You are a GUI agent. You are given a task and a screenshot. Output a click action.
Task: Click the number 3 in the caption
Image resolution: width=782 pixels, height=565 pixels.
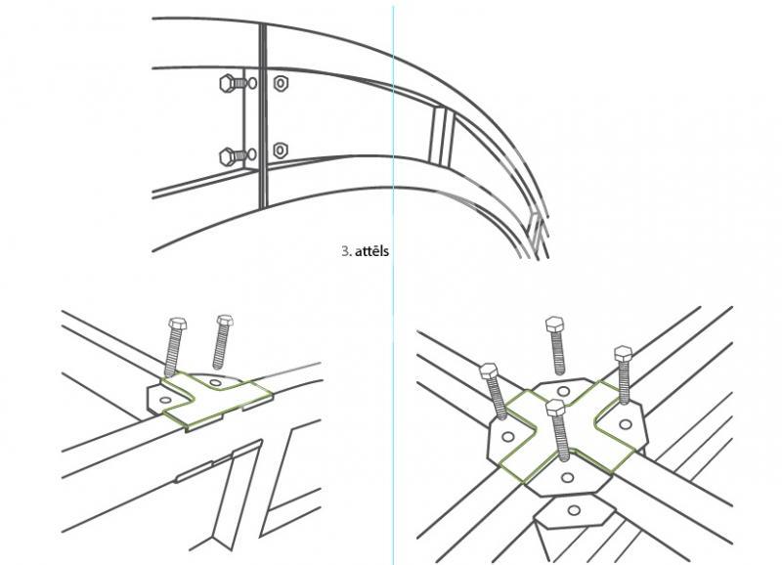tap(345, 250)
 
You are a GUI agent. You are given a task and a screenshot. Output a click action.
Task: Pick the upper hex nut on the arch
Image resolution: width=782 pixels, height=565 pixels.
tap(281, 83)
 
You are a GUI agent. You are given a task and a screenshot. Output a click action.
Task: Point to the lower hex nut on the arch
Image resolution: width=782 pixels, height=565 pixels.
tap(281, 150)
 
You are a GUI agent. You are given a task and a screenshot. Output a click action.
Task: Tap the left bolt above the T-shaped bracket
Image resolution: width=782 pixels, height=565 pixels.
tap(174, 347)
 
